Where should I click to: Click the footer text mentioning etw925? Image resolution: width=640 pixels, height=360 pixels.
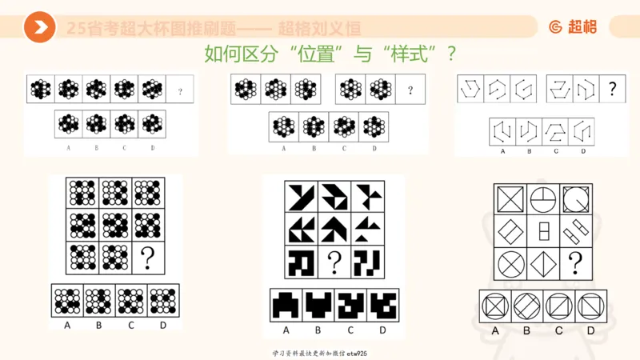pos(320,352)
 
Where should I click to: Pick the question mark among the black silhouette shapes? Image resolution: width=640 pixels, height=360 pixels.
pos(334,261)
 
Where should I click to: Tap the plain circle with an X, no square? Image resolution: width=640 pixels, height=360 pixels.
pos(511,262)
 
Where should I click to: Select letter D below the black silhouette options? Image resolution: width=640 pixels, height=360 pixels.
pos(382,330)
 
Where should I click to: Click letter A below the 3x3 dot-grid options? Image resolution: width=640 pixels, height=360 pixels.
pos(66,324)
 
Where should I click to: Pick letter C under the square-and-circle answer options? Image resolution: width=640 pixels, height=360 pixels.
pos(557,330)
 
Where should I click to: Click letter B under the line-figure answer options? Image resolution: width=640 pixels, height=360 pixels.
pos(529,150)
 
